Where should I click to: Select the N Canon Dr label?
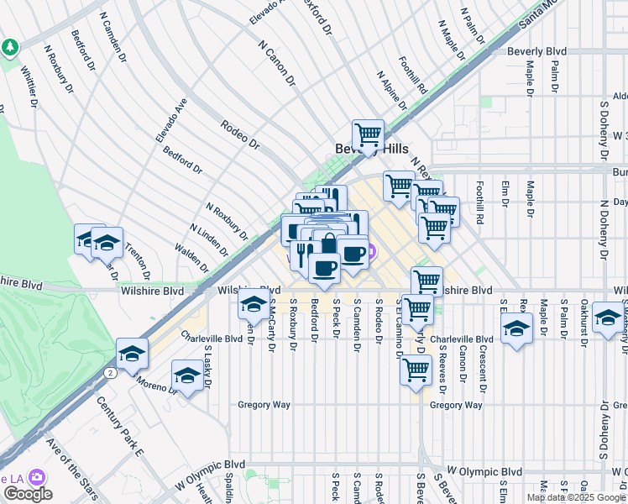coord(277,64)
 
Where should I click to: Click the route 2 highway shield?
coord(110,372)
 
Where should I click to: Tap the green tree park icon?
coord(10,47)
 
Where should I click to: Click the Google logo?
coord(27,494)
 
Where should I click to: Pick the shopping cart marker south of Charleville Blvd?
coord(416,370)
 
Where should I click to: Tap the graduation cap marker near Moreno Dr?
coord(187,375)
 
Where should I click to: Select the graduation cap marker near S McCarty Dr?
coord(253,307)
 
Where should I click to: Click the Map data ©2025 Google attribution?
coord(575,497)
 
